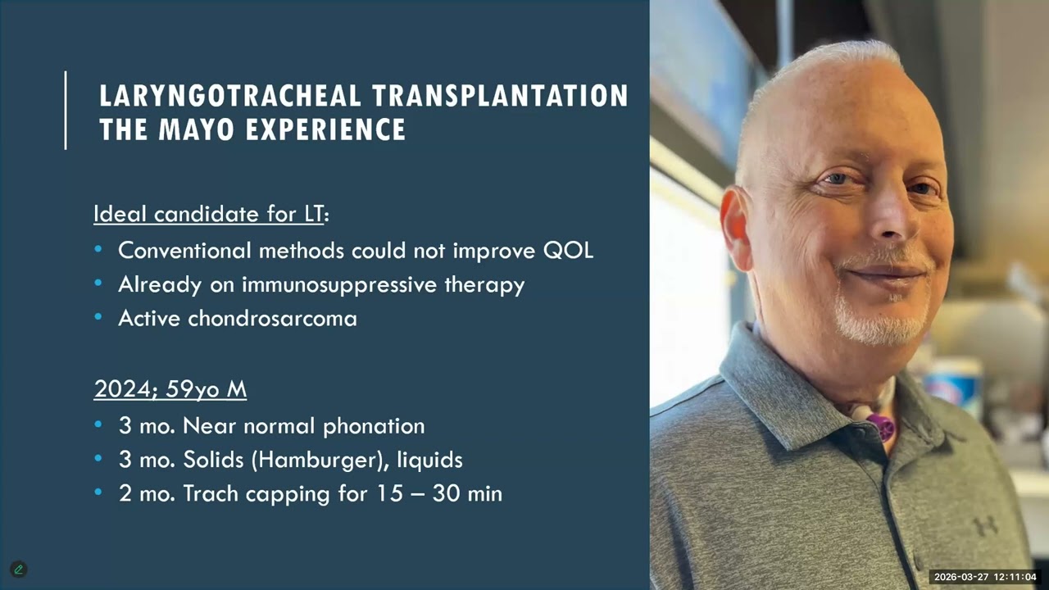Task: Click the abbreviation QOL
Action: point(568,251)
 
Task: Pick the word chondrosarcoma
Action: point(272,318)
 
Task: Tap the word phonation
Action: point(374,426)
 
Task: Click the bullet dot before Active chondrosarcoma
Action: point(99,317)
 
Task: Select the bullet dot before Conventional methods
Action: point(99,250)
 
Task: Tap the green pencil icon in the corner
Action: point(18,570)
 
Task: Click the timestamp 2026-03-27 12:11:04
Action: point(984,577)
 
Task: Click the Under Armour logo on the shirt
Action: point(987,525)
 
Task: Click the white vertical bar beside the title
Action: point(66,111)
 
